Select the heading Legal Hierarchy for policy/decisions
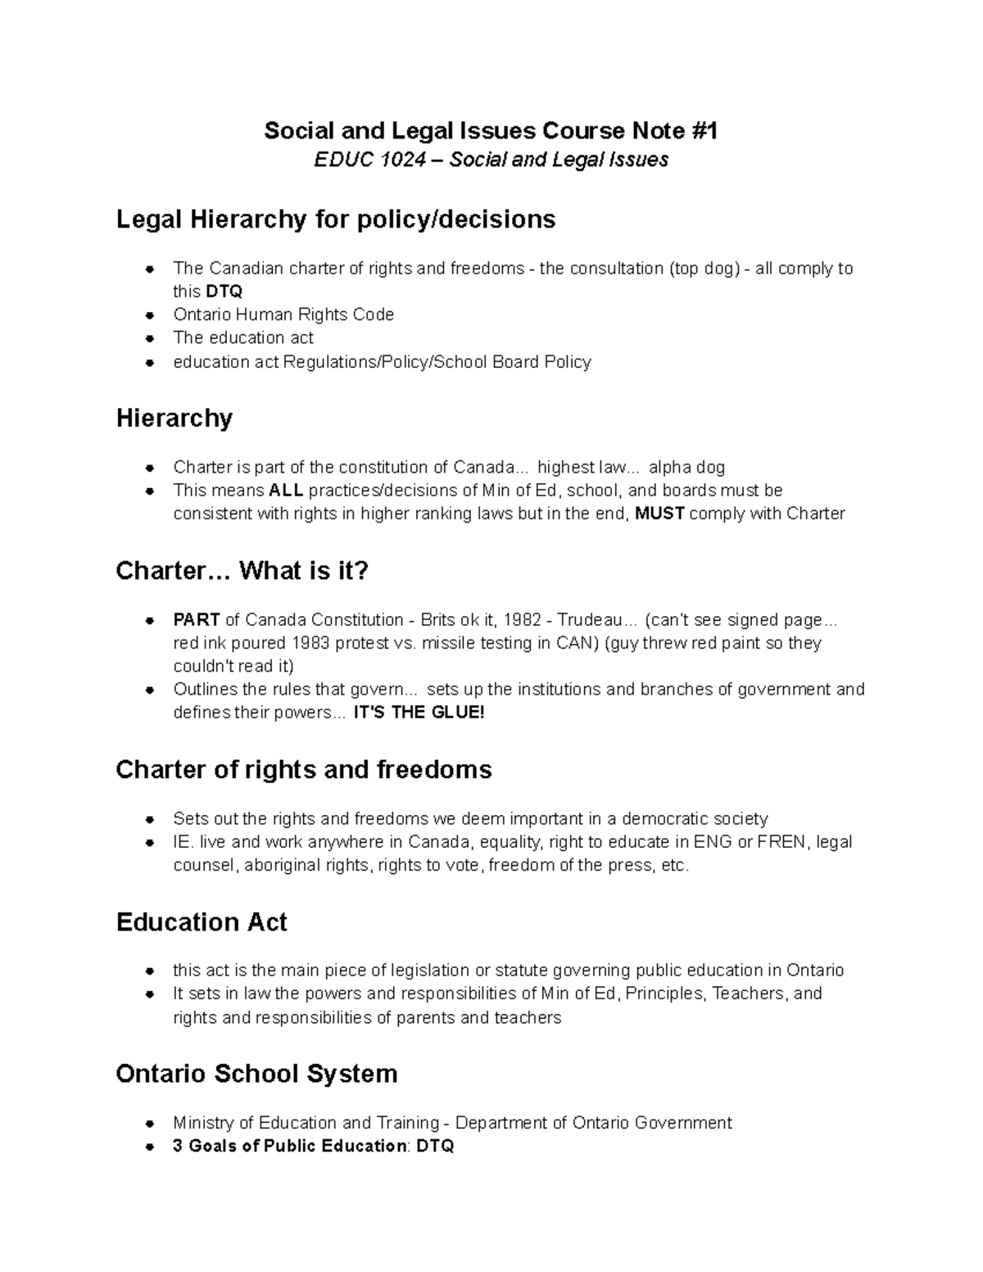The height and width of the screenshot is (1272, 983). [x=336, y=220]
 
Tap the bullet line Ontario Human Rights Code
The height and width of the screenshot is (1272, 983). [x=283, y=315]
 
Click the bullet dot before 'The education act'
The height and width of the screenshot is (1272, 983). [x=150, y=338]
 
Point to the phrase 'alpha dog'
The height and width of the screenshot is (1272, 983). [x=686, y=468]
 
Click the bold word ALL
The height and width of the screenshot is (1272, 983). [x=286, y=491]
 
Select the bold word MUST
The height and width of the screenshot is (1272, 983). [x=659, y=514]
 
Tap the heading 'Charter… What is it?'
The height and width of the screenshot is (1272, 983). [x=242, y=570]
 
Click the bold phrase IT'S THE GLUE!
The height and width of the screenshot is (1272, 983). [x=419, y=713]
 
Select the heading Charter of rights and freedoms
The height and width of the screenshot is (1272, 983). [x=304, y=770]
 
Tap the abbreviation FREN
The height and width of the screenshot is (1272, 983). [x=781, y=842]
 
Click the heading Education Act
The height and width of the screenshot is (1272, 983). [x=202, y=922]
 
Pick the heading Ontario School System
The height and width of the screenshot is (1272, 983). [x=256, y=1074]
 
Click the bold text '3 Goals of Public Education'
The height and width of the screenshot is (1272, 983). [x=289, y=1146]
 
